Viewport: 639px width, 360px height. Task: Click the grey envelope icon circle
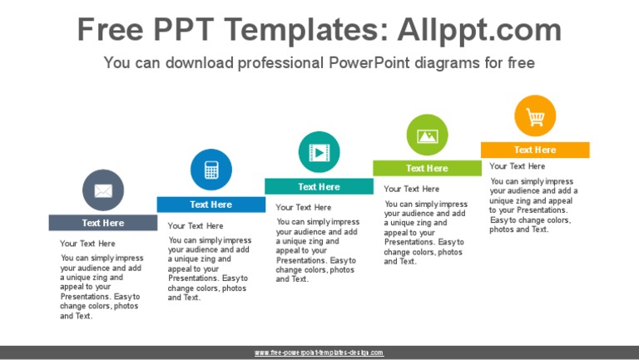coord(103,190)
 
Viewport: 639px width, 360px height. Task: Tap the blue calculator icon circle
coord(211,170)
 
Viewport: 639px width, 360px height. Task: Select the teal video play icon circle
coord(319,152)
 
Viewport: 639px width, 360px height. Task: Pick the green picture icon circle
coord(427,135)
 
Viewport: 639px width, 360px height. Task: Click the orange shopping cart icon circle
coord(535,116)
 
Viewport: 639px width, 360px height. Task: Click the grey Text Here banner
coord(102,223)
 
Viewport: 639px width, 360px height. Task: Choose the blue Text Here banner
coord(211,205)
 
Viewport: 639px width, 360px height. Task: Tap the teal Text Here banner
coord(319,187)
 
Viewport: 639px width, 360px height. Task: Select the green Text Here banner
coord(427,169)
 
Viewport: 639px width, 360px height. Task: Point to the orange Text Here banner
coord(535,150)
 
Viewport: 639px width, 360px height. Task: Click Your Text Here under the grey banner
coord(87,244)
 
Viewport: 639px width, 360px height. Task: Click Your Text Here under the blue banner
coord(196,225)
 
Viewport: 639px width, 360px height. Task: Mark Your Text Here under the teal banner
coord(304,207)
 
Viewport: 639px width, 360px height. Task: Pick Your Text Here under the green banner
coord(412,189)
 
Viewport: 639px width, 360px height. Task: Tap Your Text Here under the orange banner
coord(518,166)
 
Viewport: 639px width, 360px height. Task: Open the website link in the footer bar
coord(319,353)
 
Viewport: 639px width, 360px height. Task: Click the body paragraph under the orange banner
coord(532,205)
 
